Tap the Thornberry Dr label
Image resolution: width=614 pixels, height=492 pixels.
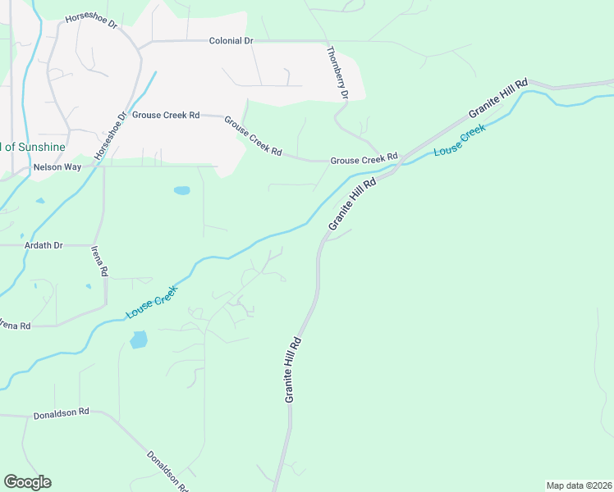click(x=337, y=73)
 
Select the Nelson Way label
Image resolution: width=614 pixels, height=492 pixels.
click(x=57, y=166)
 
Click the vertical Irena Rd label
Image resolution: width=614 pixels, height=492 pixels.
click(x=99, y=261)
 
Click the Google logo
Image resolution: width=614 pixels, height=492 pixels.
click(x=27, y=482)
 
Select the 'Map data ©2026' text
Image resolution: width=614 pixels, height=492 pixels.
click(x=580, y=485)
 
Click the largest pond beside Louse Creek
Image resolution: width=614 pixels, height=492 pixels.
click(x=139, y=339)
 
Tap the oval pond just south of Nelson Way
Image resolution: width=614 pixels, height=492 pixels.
click(x=181, y=190)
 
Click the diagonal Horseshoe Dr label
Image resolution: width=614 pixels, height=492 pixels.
click(x=111, y=136)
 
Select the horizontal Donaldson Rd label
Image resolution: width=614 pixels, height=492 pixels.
click(x=61, y=414)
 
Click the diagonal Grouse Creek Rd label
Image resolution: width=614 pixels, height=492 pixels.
click(x=254, y=135)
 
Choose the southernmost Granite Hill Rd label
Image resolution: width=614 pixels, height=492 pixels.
click(x=295, y=369)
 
